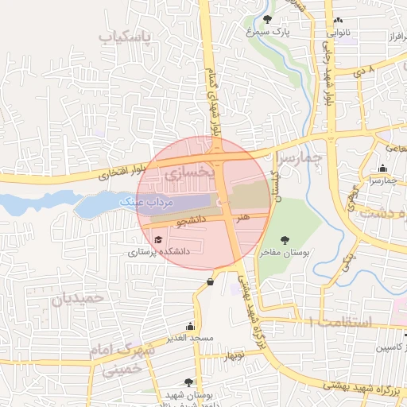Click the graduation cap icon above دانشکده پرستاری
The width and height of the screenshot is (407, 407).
pyautogui.click(x=157, y=238)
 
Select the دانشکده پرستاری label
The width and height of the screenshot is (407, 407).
pyautogui.click(x=156, y=251)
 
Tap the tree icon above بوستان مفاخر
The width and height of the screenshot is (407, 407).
pyautogui.click(x=285, y=238)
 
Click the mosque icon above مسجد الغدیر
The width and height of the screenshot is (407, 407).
pyautogui.click(x=190, y=326)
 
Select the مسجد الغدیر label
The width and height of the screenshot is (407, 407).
pyautogui.click(x=192, y=339)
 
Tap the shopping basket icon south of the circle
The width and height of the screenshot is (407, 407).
pyautogui.click(x=210, y=281)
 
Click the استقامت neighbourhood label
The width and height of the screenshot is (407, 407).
pyautogui.click(x=339, y=321)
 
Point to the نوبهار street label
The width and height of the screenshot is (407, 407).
pyautogui.click(x=233, y=355)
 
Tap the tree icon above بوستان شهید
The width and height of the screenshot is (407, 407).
pyautogui.click(x=188, y=382)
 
